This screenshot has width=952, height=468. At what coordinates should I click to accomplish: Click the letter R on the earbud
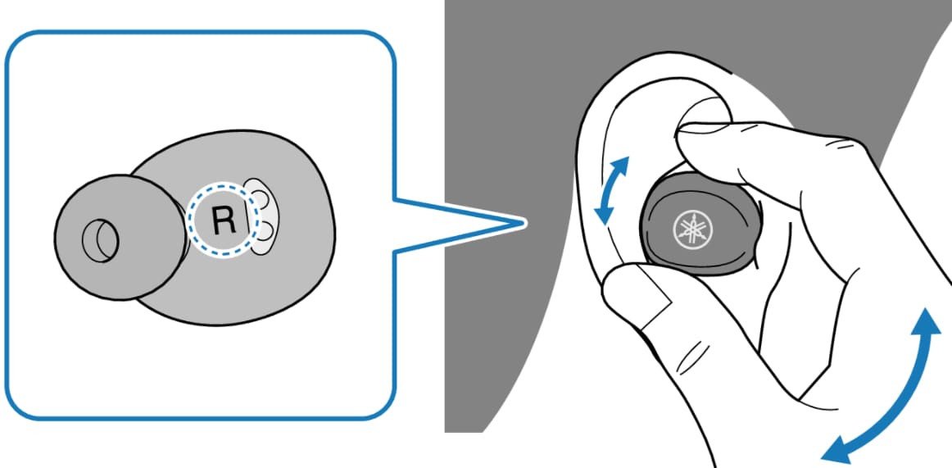222,219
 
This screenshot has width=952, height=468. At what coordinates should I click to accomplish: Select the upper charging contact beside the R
262,198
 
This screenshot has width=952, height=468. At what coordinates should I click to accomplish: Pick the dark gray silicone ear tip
115,238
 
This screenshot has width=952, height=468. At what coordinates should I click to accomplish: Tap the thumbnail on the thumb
647,289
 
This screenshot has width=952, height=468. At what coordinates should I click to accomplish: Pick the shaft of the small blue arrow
614,189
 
